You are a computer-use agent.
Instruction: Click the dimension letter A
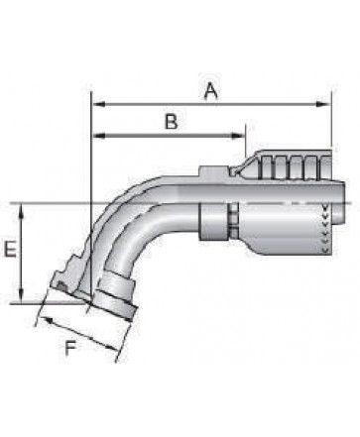pos(210,91)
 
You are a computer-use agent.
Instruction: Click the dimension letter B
pos(172,121)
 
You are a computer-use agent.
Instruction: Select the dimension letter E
pos(10,249)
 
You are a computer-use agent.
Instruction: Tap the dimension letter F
pos(70,349)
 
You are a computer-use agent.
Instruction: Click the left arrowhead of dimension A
pos(98,104)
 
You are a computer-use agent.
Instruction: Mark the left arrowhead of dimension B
pos(98,136)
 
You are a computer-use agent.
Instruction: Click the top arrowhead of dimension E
pos(21,210)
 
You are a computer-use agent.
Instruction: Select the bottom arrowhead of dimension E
pos(21,295)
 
